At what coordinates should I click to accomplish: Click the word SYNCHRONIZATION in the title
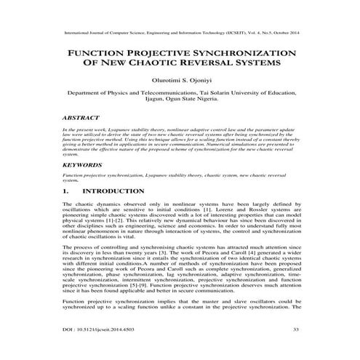[x=242, y=54]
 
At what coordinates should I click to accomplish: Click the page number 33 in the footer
[x=296, y=330]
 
